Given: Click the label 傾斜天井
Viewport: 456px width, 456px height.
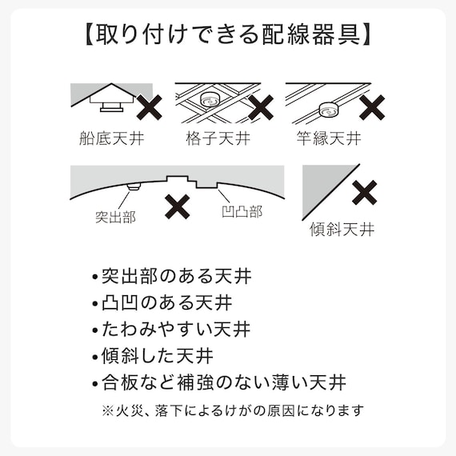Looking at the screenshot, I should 342,230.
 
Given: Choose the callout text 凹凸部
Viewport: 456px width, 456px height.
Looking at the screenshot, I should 242,212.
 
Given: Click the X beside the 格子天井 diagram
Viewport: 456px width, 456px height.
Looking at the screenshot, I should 262,107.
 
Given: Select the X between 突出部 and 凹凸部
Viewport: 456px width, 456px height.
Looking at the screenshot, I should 178,206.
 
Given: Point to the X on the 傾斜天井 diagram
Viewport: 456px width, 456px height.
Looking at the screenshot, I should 366,193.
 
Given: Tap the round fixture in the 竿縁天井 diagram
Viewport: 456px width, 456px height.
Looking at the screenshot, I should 327,108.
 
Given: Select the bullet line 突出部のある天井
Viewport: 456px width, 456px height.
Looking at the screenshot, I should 171,278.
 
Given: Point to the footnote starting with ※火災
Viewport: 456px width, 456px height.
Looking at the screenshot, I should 232,410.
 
